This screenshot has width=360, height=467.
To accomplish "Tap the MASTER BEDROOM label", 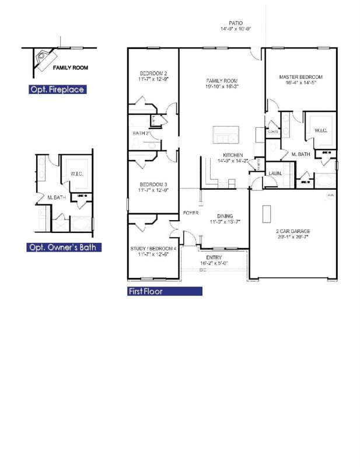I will coord(300,76).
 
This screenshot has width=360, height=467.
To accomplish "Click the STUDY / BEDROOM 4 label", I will coord(153,249).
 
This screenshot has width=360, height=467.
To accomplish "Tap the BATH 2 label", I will coord(141,134).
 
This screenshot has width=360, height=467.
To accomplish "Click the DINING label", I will coord(225,216).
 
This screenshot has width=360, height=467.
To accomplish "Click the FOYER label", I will coord(191,213).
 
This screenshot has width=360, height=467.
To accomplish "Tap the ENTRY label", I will coord(214,257).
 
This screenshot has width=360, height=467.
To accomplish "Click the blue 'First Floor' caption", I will coord(165,291).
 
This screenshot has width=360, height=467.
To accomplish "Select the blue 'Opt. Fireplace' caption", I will coord(57,90).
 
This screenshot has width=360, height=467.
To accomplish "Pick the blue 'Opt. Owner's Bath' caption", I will coord(64,248).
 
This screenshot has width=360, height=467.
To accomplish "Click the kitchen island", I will coord(226,134).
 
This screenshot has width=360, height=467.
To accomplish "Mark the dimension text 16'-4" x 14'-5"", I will coord(300,83).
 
